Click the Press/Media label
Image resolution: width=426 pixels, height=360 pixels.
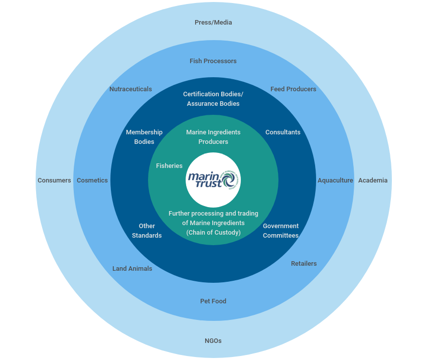(213, 23)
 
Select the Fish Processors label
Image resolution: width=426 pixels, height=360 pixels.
(213, 61)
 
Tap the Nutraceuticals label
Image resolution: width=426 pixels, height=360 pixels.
(130, 89)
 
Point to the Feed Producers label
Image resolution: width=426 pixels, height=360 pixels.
(293, 89)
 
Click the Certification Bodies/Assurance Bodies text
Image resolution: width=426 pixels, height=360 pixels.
(213, 99)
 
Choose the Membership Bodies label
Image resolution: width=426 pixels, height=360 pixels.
(144, 137)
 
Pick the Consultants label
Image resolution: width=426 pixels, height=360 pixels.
(282, 132)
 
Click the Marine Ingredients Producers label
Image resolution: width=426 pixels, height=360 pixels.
(213, 137)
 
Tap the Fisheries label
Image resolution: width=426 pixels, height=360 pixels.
(169, 166)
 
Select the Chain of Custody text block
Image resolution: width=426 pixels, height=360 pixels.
(213, 223)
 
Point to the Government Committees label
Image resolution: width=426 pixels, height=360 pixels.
(280, 231)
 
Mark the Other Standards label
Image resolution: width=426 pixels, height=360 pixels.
(147, 231)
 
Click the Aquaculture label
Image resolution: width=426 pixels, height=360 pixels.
(335, 181)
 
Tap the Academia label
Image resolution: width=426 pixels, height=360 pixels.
(372, 181)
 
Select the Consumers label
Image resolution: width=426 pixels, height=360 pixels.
(54, 181)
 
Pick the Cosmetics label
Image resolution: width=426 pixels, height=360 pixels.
(92, 181)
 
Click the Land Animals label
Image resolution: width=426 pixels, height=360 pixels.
(132, 269)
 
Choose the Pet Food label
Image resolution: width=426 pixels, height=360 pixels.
(213, 301)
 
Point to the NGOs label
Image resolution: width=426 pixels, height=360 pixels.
(213, 341)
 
